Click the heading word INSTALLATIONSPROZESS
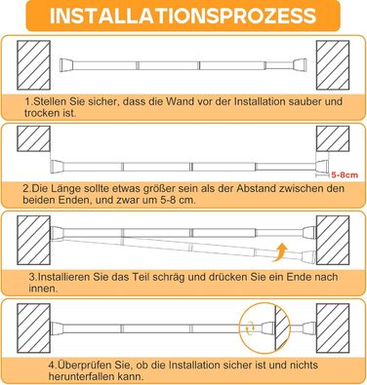tap(183, 16)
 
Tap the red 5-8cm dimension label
tap(345, 175)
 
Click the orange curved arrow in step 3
tap(281, 252)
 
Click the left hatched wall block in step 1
tap(33, 65)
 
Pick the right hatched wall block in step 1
tap(333, 65)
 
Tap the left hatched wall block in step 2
tap(33, 138)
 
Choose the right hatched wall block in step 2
tap(333, 138)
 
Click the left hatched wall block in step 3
tap(33, 241)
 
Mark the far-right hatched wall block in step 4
tap(333, 328)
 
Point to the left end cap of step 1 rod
tap(66, 65)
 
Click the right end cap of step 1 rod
tap(300, 65)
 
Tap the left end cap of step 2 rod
tap(57, 167)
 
